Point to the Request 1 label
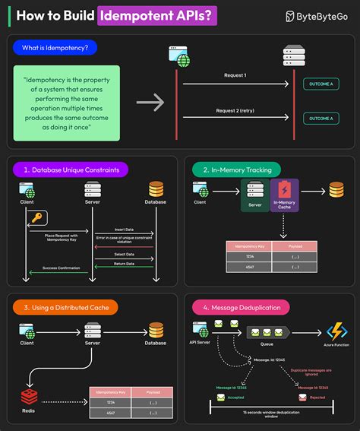[235, 76]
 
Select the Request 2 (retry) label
[235, 111]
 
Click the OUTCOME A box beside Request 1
[321, 84]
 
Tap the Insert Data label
[125, 228]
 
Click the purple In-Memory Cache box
[285, 195]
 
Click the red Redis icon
[28, 396]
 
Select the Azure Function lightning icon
[336, 332]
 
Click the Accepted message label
[235, 397]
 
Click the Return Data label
[125, 263]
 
